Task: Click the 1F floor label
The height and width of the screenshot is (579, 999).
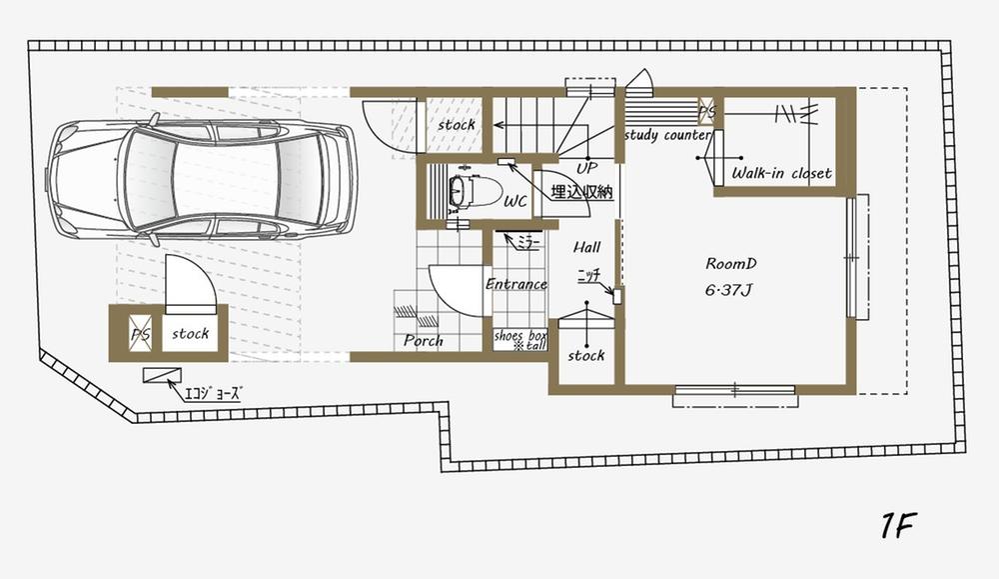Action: [898, 526]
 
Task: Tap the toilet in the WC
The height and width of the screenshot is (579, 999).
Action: [462, 190]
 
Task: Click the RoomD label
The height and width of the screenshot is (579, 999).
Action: [731, 264]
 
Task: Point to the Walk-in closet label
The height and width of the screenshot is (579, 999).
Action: [781, 173]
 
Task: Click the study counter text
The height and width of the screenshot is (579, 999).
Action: [667, 134]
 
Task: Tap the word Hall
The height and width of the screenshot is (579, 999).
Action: [586, 246]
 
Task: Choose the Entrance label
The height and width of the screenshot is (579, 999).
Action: [516, 284]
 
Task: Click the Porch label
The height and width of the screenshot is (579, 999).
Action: [424, 341]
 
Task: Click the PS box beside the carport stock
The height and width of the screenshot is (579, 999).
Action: [140, 334]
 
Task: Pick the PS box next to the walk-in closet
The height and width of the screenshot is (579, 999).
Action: [707, 111]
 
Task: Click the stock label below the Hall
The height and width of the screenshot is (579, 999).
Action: [586, 355]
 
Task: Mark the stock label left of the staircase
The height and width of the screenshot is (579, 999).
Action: [457, 125]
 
